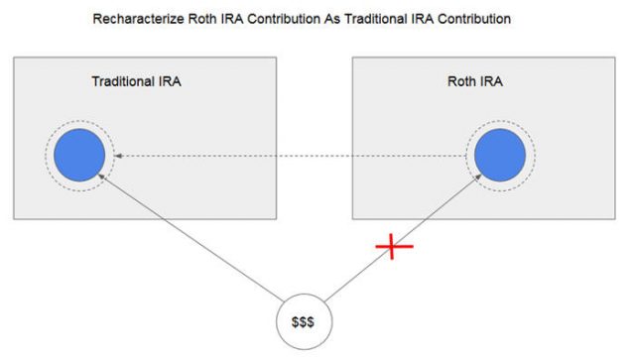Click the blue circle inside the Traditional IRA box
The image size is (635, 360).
pos(79,155)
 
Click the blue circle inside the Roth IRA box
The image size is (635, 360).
pos(501,156)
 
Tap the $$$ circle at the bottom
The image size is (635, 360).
pos(304,324)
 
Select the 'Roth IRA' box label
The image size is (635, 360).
pos(476,82)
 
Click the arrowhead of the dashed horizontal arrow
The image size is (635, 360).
pos(119,156)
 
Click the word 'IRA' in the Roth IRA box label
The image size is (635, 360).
pos(492,82)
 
